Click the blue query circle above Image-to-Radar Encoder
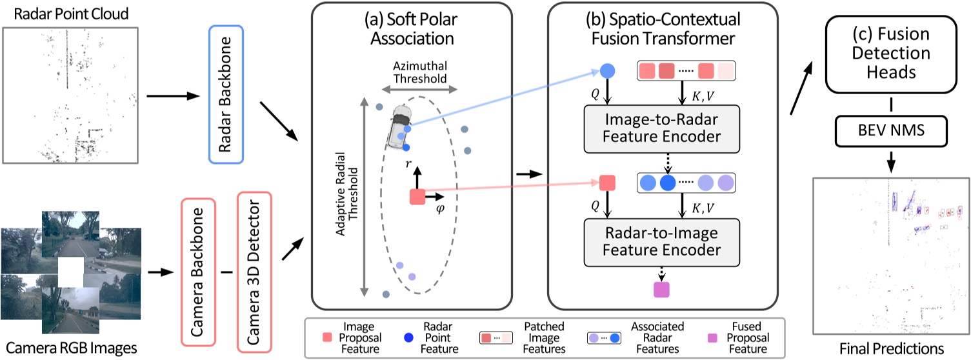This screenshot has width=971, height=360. click(607, 71)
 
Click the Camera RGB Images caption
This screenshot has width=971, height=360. click(69, 348)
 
